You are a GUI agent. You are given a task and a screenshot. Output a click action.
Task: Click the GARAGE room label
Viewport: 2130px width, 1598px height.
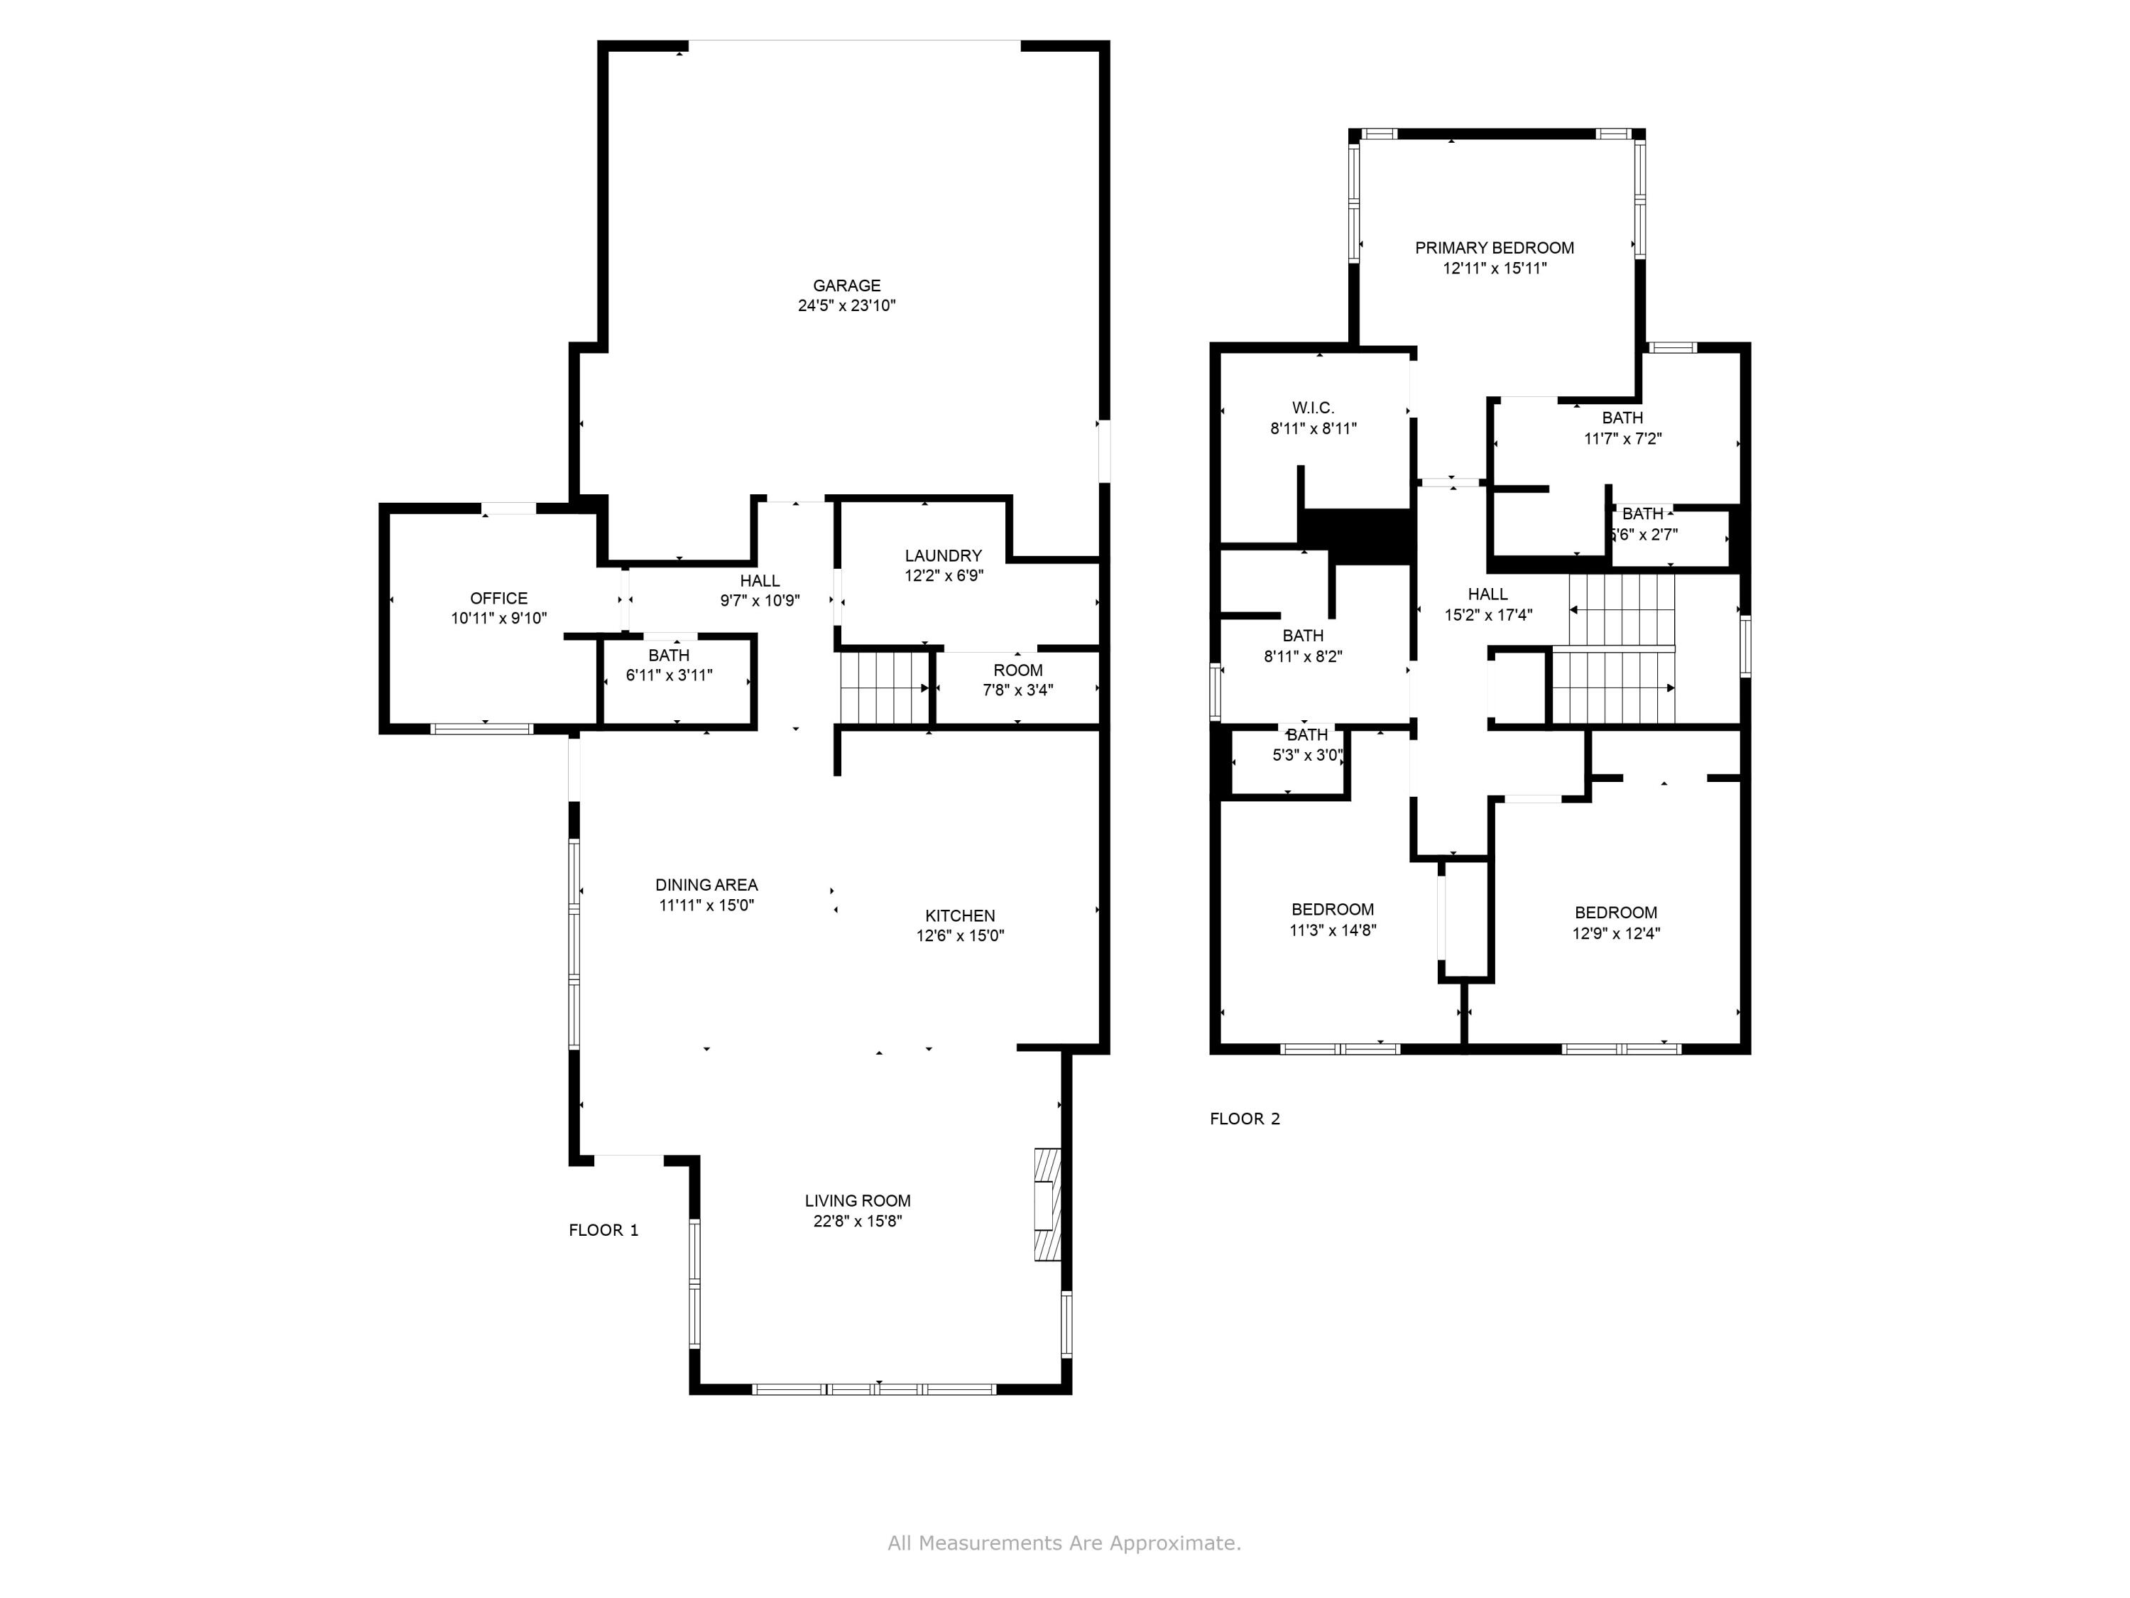pyautogui.click(x=846, y=285)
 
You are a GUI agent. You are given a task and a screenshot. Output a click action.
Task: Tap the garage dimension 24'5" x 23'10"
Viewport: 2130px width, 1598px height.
pyautogui.click(x=846, y=306)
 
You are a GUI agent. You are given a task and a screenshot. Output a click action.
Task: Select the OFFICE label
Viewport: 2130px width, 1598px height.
pyautogui.click(x=499, y=598)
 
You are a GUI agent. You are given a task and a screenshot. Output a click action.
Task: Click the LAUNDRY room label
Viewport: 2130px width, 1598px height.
pyautogui.click(x=943, y=556)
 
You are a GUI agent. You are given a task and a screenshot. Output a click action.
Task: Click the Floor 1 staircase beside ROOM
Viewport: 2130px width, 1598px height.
pyautogui.click(x=881, y=687)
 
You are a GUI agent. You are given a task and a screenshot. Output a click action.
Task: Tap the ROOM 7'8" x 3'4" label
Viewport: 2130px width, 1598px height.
pyautogui.click(x=1018, y=680)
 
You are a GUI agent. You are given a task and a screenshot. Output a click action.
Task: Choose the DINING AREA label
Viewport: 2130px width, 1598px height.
pyautogui.click(x=706, y=884)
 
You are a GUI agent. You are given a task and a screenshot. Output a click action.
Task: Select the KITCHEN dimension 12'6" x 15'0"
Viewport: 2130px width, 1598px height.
pyautogui.click(x=960, y=935)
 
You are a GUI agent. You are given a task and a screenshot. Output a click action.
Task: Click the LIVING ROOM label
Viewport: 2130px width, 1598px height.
pyautogui.click(x=857, y=1200)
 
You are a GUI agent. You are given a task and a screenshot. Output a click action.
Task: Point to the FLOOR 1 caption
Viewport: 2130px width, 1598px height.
pyautogui.click(x=603, y=1230)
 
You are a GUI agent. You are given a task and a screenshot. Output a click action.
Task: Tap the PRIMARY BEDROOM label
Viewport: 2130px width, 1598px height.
pyautogui.click(x=1495, y=248)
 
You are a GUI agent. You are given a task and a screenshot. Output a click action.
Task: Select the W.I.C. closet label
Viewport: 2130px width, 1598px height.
pyautogui.click(x=1313, y=408)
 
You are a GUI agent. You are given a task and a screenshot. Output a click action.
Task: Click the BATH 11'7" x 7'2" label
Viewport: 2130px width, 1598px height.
pyautogui.click(x=1622, y=428)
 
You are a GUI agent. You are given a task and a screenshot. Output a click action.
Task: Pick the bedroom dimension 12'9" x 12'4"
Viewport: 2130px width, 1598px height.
pyautogui.click(x=1616, y=933)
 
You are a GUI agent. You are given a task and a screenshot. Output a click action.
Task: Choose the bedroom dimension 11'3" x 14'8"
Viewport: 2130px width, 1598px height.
pyautogui.click(x=1333, y=930)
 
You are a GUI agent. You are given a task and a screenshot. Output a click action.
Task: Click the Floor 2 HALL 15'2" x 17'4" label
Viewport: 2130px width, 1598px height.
pyautogui.click(x=1487, y=604)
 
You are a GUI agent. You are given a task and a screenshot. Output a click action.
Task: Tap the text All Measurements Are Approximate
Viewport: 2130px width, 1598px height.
pyautogui.click(x=1064, y=1543)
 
